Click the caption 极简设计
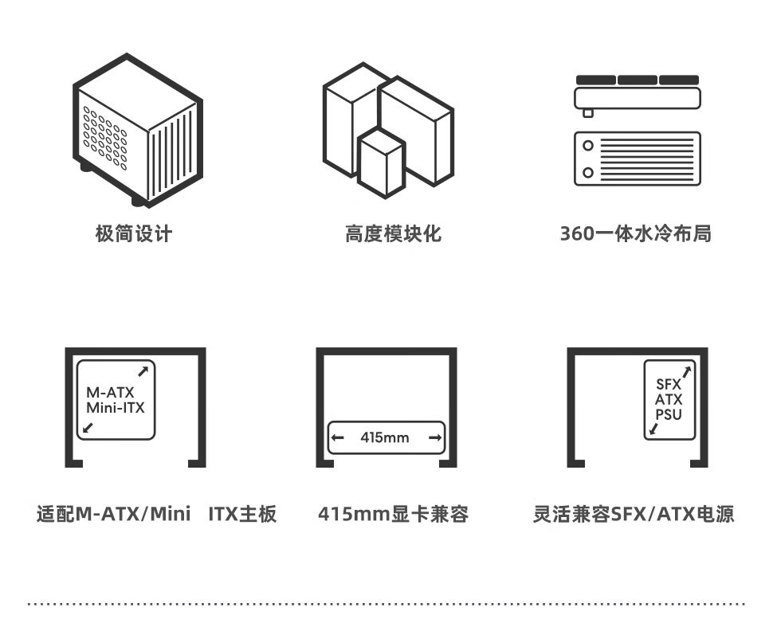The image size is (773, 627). pos(133,233)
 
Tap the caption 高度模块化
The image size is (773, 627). pos(393,233)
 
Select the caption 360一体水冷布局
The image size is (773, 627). pos(635,233)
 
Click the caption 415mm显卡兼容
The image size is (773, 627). pos(393,514)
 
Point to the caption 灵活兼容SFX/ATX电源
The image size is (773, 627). pos(634,514)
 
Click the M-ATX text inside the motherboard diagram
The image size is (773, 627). pos(110,393)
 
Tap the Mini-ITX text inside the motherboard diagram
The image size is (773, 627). pos(115,409)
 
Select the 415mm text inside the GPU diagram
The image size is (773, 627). pos(384,437)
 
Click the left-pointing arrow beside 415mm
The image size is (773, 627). pos(338,437)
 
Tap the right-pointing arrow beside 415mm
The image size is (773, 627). pos(435,437)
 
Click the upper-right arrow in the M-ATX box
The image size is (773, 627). pos(143,370)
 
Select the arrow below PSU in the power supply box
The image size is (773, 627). pos(654,429)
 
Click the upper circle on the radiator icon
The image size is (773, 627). pos(588,146)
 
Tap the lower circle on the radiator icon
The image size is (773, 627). pos(588,173)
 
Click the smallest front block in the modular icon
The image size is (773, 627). pos(381,163)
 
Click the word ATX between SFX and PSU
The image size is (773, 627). pos(669,399)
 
